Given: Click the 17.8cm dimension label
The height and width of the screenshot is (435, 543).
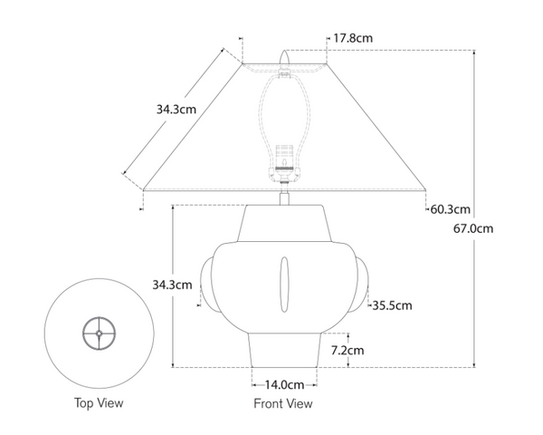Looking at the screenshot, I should click(x=353, y=38).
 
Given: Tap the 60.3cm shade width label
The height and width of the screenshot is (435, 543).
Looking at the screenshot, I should click(x=450, y=210).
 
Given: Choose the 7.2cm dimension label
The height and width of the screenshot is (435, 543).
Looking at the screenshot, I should click(x=347, y=350).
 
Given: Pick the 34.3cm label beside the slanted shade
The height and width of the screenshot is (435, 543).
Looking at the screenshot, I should click(x=176, y=109).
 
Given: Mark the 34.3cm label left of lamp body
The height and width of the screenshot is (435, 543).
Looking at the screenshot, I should click(x=172, y=285).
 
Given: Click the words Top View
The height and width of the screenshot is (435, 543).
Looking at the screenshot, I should click(x=100, y=402).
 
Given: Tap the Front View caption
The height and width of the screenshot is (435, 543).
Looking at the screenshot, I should click(x=284, y=403).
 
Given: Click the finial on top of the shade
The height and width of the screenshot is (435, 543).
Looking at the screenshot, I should click(x=285, y=59).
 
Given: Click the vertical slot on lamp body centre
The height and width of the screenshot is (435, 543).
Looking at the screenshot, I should click(x=284, y=283).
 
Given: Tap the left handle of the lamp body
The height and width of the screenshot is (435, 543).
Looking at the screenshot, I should click(x=206, y=282).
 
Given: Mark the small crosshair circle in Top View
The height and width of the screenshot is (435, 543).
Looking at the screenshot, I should click(x=99, y=333).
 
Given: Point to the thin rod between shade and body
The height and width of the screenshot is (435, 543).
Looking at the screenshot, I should click(x=285, y=197).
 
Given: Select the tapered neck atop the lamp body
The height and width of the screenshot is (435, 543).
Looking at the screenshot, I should click(x=284, y=223).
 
